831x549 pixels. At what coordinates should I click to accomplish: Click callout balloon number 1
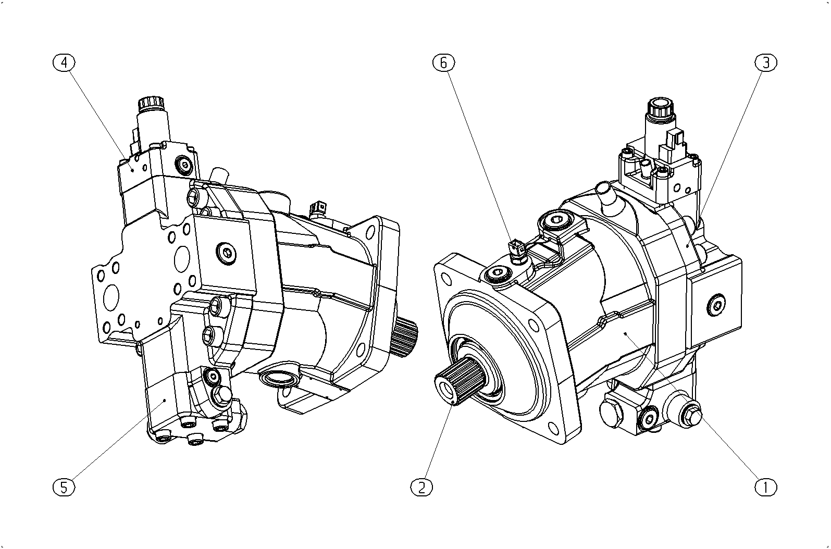pos(766,487)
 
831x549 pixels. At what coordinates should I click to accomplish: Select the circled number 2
pos(422,487)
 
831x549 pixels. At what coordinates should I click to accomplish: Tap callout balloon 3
pos(766,63)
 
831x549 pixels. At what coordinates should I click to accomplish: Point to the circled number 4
pos(64,63)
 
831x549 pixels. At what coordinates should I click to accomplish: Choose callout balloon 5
pos(64,487)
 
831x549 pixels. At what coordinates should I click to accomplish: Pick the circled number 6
pos(443,63)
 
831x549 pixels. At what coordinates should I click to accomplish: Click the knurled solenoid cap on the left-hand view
pos(151,104)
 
